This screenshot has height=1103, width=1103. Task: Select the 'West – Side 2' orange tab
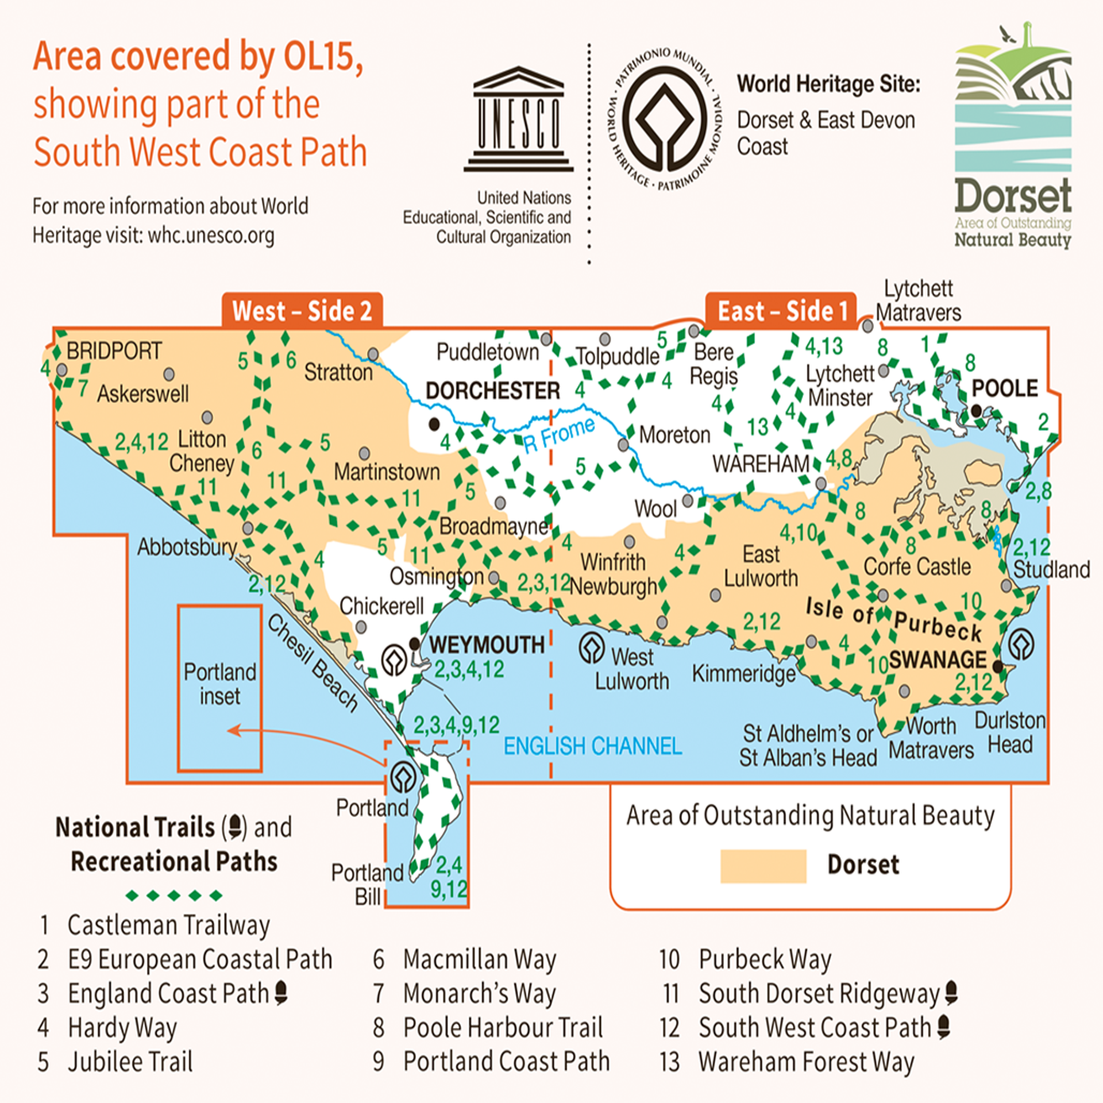(302, 311)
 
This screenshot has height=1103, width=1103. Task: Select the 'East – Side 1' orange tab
(782, 311)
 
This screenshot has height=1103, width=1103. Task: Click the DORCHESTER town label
(492, 391)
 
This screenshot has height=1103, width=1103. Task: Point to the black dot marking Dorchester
(434, 425)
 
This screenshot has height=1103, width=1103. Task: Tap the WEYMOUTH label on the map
(487, 645)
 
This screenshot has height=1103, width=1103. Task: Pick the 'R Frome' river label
(559, 434)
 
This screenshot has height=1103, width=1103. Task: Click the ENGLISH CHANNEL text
(592, 746)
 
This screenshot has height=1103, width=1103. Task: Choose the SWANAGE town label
(938, 660)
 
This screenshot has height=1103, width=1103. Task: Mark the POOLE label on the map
(1005, 388)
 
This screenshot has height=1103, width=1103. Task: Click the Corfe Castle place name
(917, 566)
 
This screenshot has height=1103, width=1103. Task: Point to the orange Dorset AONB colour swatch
(763, 866)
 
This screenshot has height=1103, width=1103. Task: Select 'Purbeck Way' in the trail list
(765, 959)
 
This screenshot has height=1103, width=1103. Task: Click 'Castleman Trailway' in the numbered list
(168, 925)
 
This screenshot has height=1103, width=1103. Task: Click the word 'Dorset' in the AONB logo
(1013, 195)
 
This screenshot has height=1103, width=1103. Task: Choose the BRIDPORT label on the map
(114, 350)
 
